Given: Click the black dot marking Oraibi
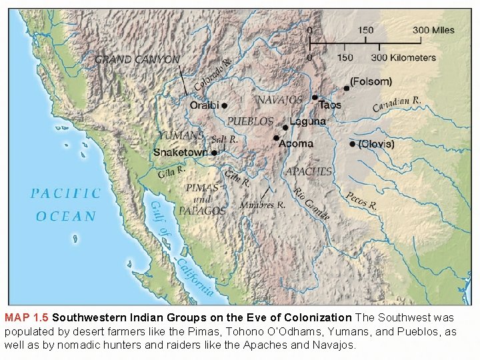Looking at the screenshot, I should pos(225,105).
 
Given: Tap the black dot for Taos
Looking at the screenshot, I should pos(315,97).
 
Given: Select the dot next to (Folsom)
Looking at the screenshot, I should pos(346,88).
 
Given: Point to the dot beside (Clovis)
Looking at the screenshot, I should pos(352,144).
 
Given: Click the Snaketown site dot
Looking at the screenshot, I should pos(214,153).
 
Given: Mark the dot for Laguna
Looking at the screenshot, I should pos(285,127).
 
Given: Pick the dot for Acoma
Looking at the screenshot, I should pos(275,138).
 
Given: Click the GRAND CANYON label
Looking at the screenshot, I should pos(137,59).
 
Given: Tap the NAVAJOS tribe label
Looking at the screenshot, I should pos(280,100).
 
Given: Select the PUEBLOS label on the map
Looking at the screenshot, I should pos(251,121).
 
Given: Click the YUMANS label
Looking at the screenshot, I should pos(181,135).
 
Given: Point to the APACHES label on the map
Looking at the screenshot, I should pos(309,171).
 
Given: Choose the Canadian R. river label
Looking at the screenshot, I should pos(397,103).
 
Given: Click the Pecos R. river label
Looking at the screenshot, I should pos(361,201).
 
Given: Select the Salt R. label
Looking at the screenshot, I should pos(224,139).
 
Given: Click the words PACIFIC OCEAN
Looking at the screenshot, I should pos(66,205).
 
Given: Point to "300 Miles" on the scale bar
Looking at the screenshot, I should pos(433,30).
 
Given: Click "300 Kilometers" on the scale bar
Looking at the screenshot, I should pos(403,58).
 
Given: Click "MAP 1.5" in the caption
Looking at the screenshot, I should pos(27,317).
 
